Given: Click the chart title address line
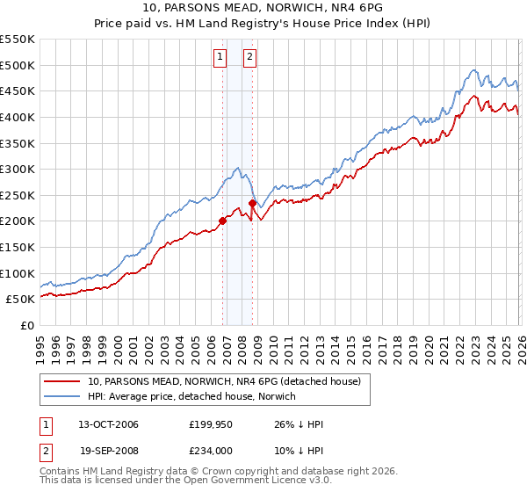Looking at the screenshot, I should pyautogui.click(x=263, y=6).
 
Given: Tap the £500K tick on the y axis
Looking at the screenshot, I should pyautogui.click(x=18, y=65).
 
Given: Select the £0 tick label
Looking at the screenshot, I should pyautogui.click(x=27, y=325).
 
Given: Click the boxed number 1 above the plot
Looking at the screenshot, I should pyautogui.click(x=220, y=58).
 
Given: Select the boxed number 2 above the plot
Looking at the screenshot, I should pyautogui.click(x=249, y=58).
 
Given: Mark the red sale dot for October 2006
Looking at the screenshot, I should pyautogui.click(x=222, y=221).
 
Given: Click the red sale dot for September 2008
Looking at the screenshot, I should pyautogui.click(x=252, y=203).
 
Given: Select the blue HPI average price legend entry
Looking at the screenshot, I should pyautogui.click(x=192, y=396).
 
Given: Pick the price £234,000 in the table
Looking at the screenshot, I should pyautogui.click(x=211, y=450).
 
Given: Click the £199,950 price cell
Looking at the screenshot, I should pyautogui.click(x=211, y=424).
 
